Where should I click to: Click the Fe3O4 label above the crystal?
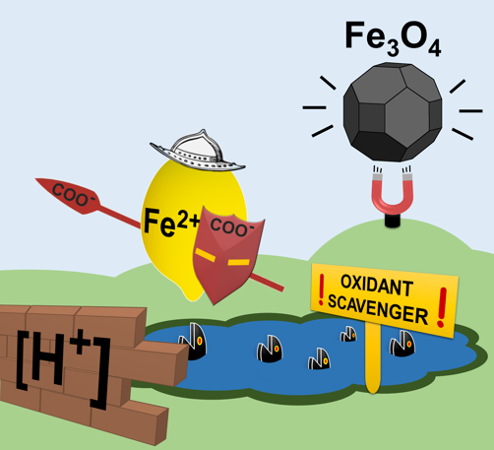point(393,38)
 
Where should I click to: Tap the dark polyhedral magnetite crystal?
point(393,112)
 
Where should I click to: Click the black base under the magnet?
point(393,221)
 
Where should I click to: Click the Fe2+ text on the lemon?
point(171,223)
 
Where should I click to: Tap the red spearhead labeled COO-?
point(68,195)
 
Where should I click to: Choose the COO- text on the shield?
point(232,226)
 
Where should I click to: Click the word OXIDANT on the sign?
point(377,286)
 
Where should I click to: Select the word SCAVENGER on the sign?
point(378,309)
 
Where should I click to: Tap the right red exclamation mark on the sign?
point(442,307)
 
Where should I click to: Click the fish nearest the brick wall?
point(193,342)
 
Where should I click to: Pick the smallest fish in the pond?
point(348,334)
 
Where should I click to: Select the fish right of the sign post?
point(402,344)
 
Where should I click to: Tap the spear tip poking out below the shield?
point(268,283)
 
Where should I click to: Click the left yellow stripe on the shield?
point(206,255)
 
